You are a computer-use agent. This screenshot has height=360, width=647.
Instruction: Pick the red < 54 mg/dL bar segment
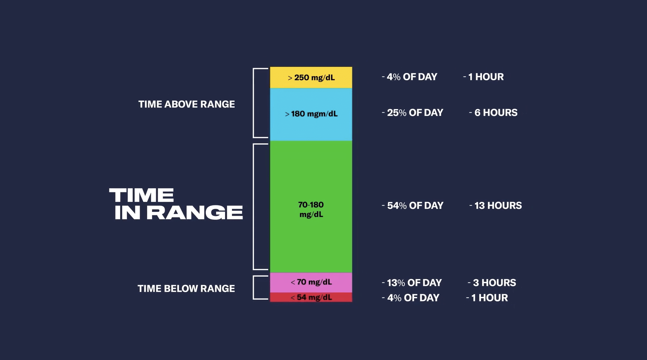point(311,297)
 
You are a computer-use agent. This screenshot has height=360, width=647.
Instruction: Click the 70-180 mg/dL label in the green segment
point(311,209)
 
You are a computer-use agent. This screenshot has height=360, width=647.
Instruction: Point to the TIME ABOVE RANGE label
point(187,104)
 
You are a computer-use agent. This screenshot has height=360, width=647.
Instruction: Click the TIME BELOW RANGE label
point(186,289)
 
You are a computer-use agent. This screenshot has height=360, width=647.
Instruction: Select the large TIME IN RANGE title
point(176,204)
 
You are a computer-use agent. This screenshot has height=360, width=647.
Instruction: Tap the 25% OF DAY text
point(415,113)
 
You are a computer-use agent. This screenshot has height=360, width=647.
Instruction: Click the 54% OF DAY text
point(415,206)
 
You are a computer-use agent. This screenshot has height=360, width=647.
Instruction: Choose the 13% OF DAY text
point(414,283)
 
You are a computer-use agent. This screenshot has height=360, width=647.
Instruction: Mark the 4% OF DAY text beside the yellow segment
point(412,77)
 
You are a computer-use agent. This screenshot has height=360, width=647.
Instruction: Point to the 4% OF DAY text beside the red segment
point(413,298)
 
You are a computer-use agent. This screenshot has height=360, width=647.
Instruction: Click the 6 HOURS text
point(495,113)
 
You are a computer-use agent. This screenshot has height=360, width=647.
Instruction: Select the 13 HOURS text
point(498,206)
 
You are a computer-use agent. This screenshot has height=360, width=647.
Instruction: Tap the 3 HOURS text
point(494,283)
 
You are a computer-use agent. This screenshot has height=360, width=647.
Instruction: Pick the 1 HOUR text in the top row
point(486,77)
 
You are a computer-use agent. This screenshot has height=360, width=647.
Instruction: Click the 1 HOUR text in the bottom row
point(489,298)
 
